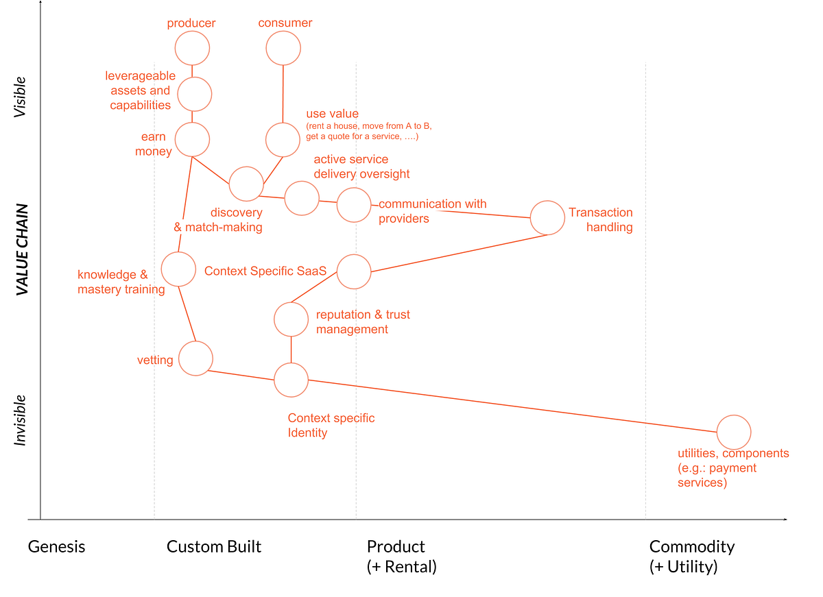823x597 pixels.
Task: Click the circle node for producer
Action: [192, 49]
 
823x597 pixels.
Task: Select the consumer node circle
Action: [283, 49]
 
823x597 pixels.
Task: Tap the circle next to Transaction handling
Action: [547, 218]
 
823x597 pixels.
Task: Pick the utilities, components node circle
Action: [734, 432]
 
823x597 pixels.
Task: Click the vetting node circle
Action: [195, 358]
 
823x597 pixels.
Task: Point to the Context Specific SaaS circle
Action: [354, 271]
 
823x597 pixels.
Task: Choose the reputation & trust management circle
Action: [291, 319]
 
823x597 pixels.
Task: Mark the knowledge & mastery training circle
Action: [178, 269]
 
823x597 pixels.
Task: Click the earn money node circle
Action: [192, 140]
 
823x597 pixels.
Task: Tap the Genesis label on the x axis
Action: [57, 547]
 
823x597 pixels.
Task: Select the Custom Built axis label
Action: [214, 547]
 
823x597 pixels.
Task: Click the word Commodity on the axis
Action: [691, 547]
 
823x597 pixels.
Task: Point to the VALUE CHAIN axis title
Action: [23, 249]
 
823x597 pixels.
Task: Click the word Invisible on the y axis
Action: [21, 420]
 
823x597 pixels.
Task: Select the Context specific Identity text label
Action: [331, 426]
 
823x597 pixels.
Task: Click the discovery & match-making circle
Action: [246, 183]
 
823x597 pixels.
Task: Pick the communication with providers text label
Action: [432, 211]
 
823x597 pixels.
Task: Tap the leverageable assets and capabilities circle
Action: [195, 94]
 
